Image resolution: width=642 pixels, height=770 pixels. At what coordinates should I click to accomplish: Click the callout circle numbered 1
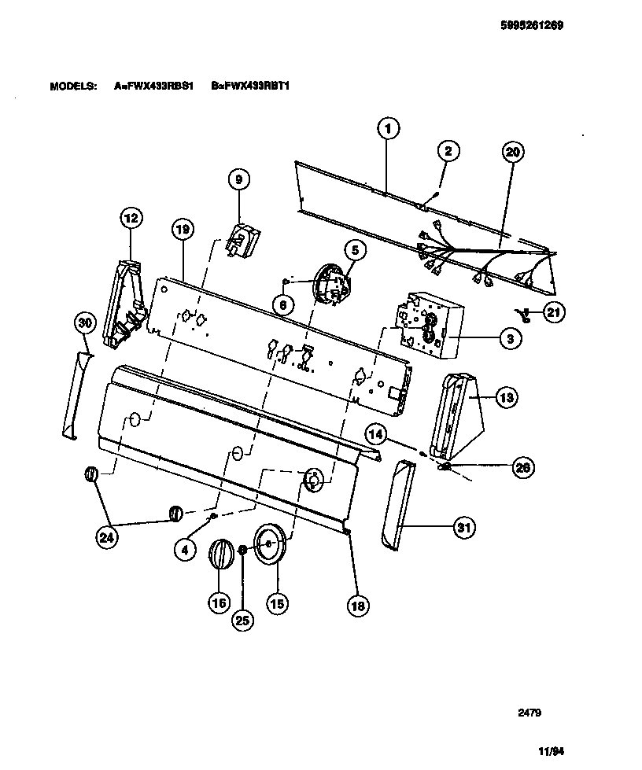387,127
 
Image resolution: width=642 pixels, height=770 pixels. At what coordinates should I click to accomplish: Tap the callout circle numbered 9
238,179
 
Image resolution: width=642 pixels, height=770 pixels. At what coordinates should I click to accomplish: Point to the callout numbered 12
131,218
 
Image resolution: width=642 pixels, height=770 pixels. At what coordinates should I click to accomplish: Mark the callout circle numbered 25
243,620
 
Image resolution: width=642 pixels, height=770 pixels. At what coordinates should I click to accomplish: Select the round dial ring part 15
270,542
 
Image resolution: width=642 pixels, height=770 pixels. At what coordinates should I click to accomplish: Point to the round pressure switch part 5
330,282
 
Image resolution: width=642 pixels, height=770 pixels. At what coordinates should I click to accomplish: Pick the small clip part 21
525,315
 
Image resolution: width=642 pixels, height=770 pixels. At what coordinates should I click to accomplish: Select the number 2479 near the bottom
528,713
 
